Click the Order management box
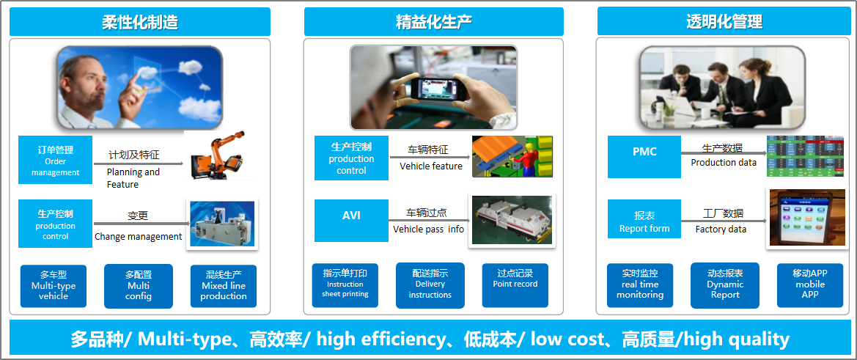pos(55,160)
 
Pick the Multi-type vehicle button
pos(53,286)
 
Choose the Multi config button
pos(139,286)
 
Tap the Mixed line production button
pos(223,286)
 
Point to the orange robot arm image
pos(218,155)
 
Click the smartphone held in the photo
pos(437,89)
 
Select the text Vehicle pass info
pos(428,229)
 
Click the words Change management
pos(139,237)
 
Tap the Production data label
pos(724,162)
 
